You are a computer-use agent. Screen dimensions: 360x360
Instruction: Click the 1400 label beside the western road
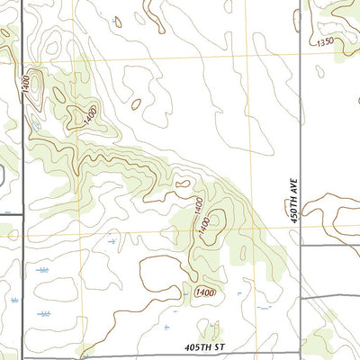click(x=26, y=82)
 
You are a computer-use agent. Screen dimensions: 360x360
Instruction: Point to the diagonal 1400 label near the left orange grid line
click(x=91, y=113)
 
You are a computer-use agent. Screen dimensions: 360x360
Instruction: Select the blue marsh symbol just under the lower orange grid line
click(x=110, y=241)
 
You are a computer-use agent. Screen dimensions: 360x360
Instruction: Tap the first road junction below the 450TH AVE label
click(x=299, y=245)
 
